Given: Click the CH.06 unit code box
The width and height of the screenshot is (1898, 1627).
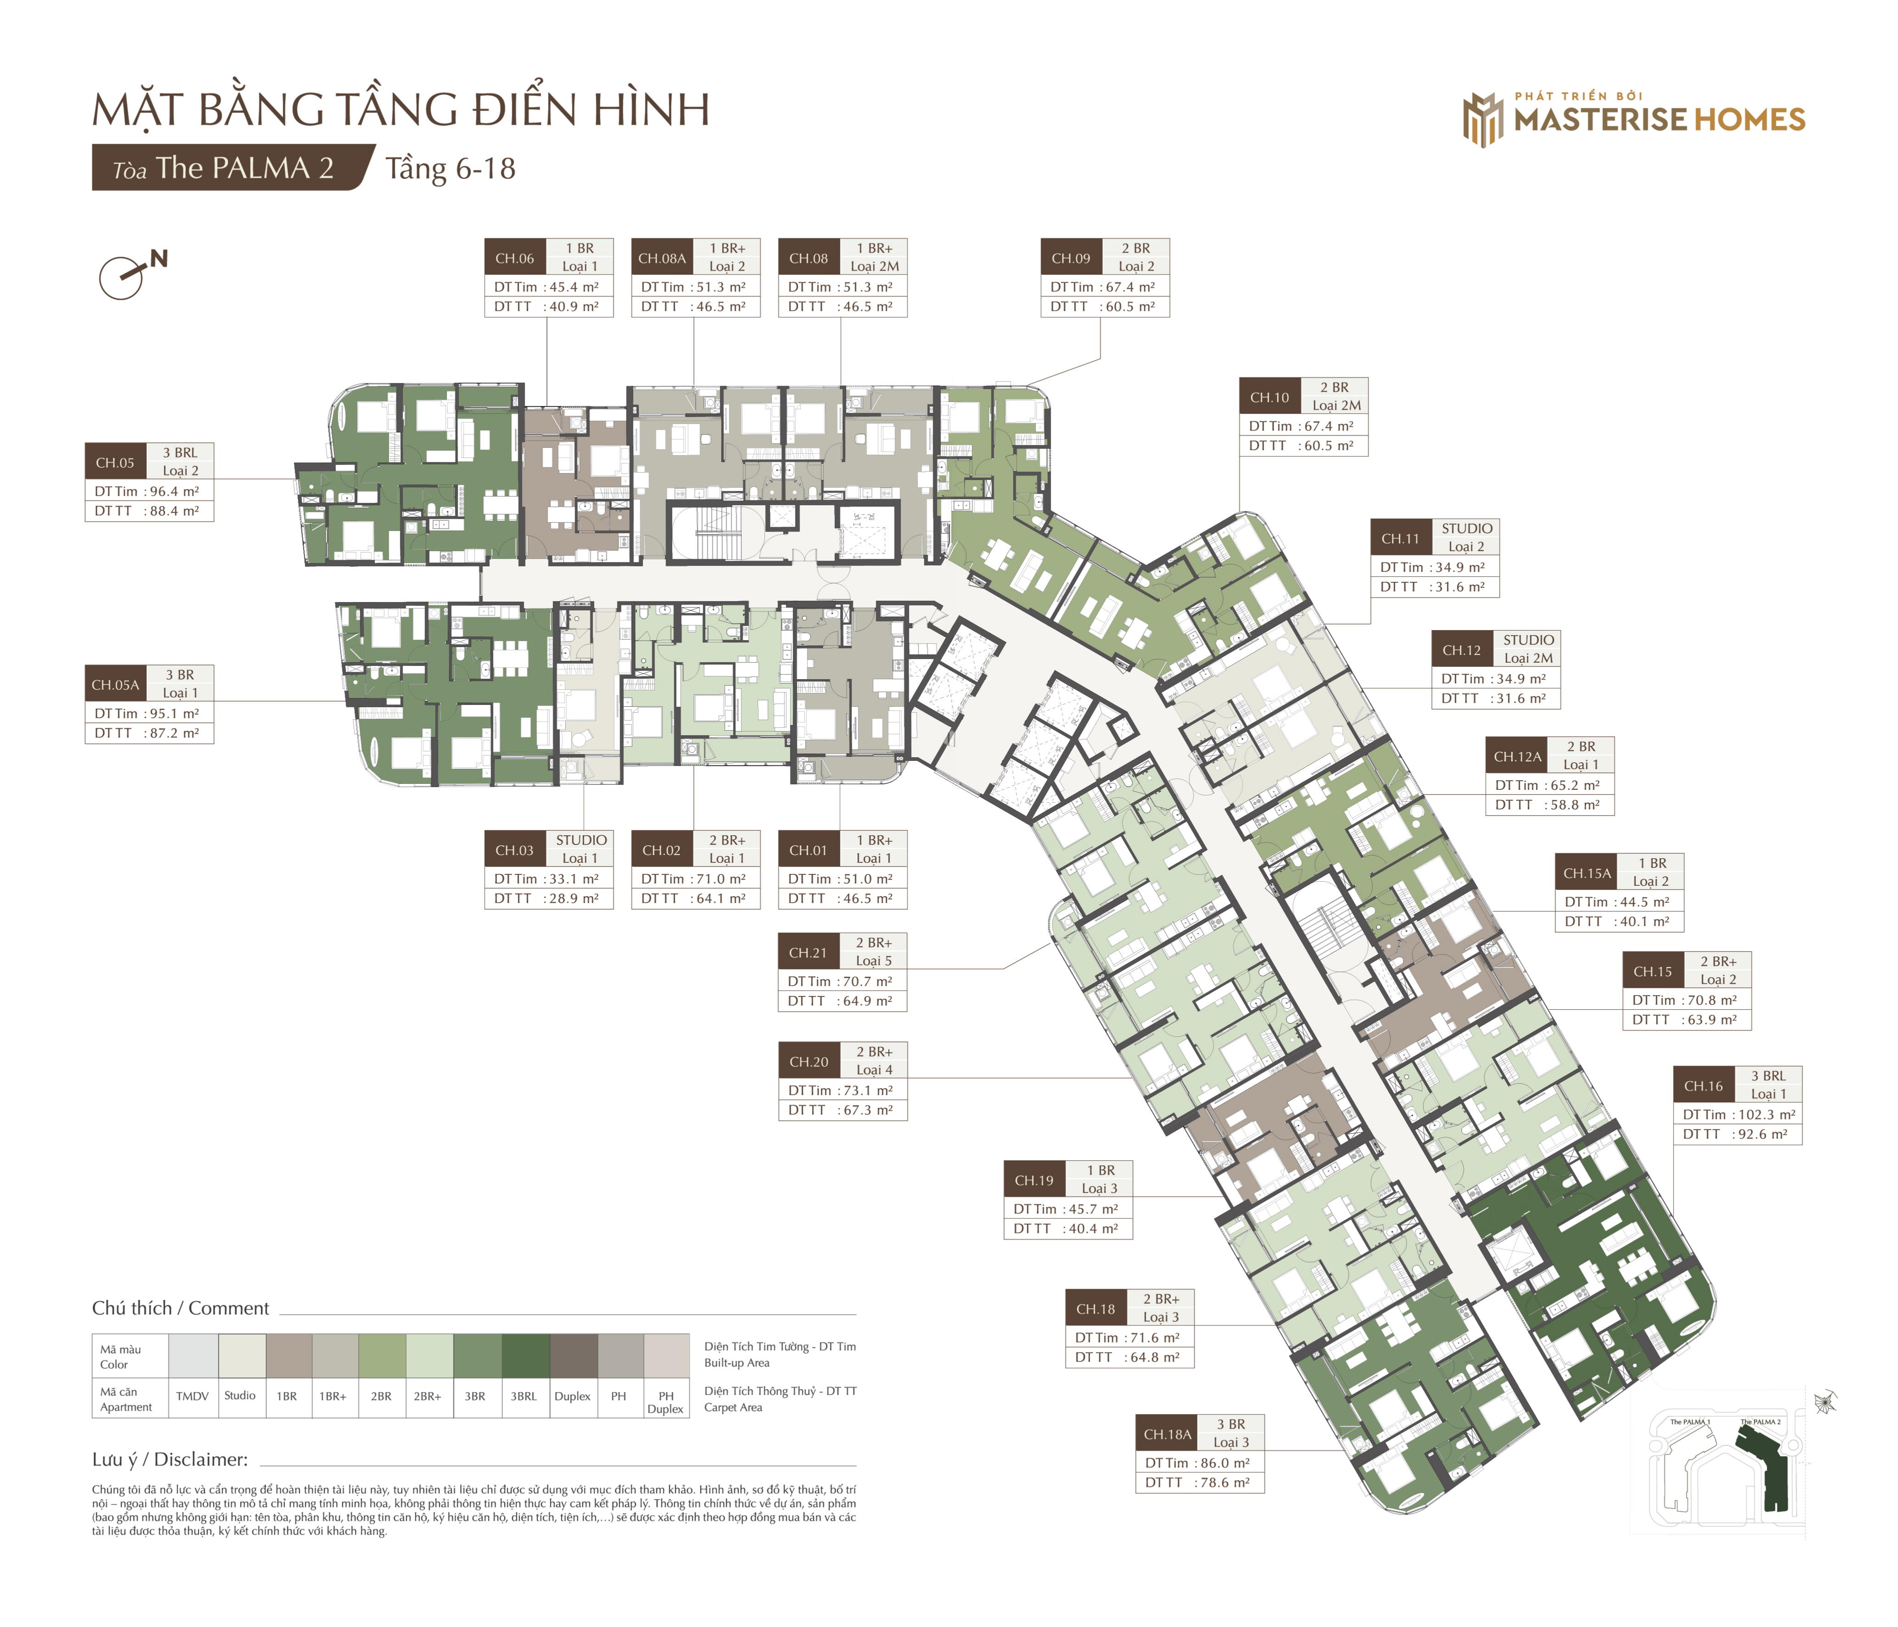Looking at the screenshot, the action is (515, 257).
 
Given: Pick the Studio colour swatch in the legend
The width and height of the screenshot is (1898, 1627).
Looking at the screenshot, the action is (242, 1356).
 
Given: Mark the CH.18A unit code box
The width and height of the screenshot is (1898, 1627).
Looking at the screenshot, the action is (1168, 1434).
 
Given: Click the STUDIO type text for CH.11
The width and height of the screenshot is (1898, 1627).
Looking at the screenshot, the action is (1467, 529).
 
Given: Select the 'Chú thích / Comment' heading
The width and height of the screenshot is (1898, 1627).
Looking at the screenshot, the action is (180, 1308).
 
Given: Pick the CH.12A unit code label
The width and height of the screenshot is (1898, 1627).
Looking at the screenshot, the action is (1517, 757).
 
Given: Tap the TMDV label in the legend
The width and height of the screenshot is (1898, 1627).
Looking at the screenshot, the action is (192, 1396).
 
